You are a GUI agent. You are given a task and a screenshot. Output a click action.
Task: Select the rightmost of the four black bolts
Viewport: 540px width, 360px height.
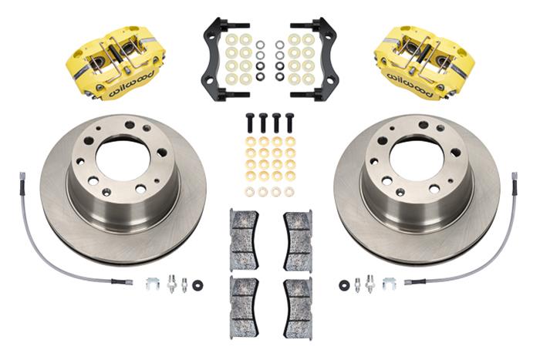[x=290, y=123]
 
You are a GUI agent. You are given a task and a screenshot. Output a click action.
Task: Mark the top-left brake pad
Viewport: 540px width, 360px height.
[x=244, y=240]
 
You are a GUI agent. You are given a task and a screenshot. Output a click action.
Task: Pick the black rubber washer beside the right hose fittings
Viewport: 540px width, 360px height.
[x=343, y=285]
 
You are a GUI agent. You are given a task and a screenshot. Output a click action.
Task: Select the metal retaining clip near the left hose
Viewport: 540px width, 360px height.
[x=153, y=284]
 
